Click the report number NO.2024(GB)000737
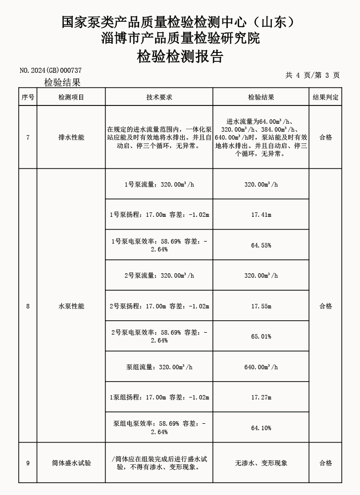tap(50, 70)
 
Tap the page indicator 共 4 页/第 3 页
tap(312, 75)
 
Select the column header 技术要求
tap(159, 98)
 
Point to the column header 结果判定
tap(325, 98)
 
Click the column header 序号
tap(28, 98)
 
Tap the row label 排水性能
tap(71, 138)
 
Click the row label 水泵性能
tap(71, 306)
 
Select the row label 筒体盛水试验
tap(71, 463)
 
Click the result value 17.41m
tap(261, 215)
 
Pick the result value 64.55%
tap(261, 246)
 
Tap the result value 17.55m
tap(261, 306)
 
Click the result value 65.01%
tap(261, 337)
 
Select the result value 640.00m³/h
tap(261, 367)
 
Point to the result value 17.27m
tap(261, 397)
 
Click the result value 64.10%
tap(261, 428)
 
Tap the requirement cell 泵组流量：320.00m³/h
tap(159, 367)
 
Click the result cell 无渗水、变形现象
tap(261, 463)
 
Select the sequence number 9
tap(28, 463)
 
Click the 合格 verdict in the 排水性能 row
tap(325, 138)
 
